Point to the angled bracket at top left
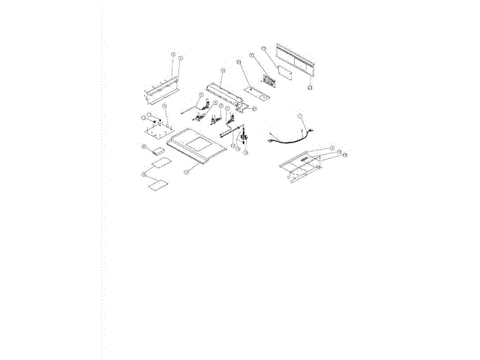pyautogui.click(x=159, y=89)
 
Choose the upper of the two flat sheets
pyautogui.click(x=159, y=163)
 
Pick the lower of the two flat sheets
pyautogui.click(x=157, y=184)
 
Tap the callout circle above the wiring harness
pyautogui.click(x=300, y=116)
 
